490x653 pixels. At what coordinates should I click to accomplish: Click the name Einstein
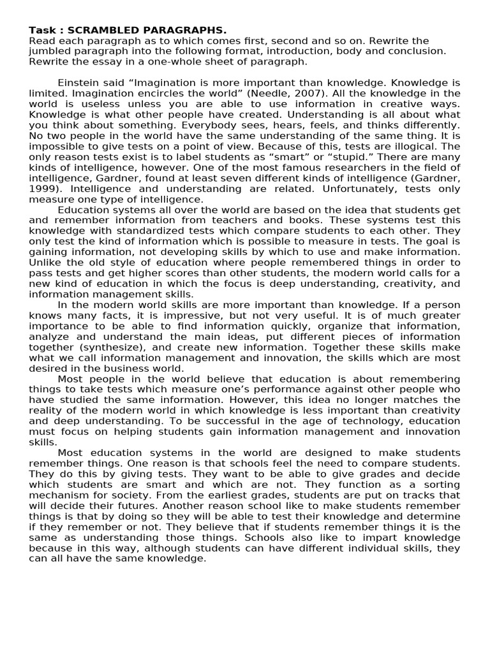tap(79, 83)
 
